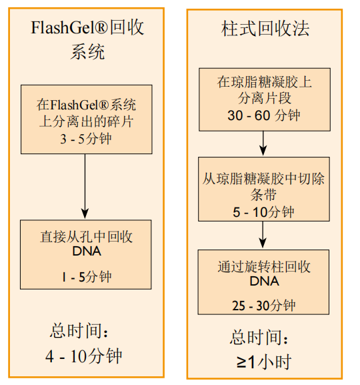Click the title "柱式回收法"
(265, 29)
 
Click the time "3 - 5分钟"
(86, 139)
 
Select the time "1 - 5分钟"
(87, 277)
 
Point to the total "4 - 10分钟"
(83, 356)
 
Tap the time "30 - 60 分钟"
(264, 115)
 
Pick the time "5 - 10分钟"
(263, 212)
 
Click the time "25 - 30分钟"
(264, 306)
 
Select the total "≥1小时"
(264, 362)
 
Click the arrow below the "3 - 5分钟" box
(85, 187)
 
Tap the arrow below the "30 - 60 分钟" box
(263, 143)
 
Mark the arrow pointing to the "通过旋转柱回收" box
(263, 235)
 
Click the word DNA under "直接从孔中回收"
(87, 251)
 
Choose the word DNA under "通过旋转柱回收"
(264, 281)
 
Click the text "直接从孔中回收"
(87, 237)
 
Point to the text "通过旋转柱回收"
(264, 267)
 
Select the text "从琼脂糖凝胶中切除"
(263, 179)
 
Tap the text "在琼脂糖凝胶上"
(264, 82)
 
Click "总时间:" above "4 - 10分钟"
(79, 331)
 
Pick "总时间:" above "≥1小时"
(259, 337)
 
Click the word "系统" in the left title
(87, 52)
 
